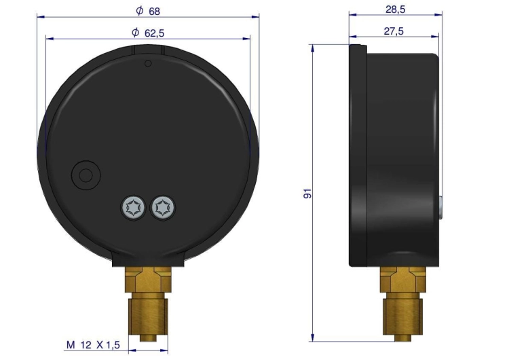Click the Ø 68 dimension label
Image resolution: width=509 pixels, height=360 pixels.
(x=148, y=11)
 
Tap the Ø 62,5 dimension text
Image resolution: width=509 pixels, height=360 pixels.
(x=148, y=33)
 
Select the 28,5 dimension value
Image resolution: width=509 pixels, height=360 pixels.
(x=396, y=10)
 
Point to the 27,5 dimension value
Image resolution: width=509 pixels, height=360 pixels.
(x=394, y=31)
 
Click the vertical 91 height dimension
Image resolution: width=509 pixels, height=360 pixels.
(x=307, y=193)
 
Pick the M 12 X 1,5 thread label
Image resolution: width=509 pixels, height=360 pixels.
(x=93, y=345)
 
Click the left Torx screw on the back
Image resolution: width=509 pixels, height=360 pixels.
(x=133, y=208)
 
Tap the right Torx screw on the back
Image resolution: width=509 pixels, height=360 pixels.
(x=163, y=208)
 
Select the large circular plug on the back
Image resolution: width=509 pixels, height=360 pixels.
(x=86, y=175)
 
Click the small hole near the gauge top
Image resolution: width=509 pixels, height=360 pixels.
(x=148, y=63)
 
